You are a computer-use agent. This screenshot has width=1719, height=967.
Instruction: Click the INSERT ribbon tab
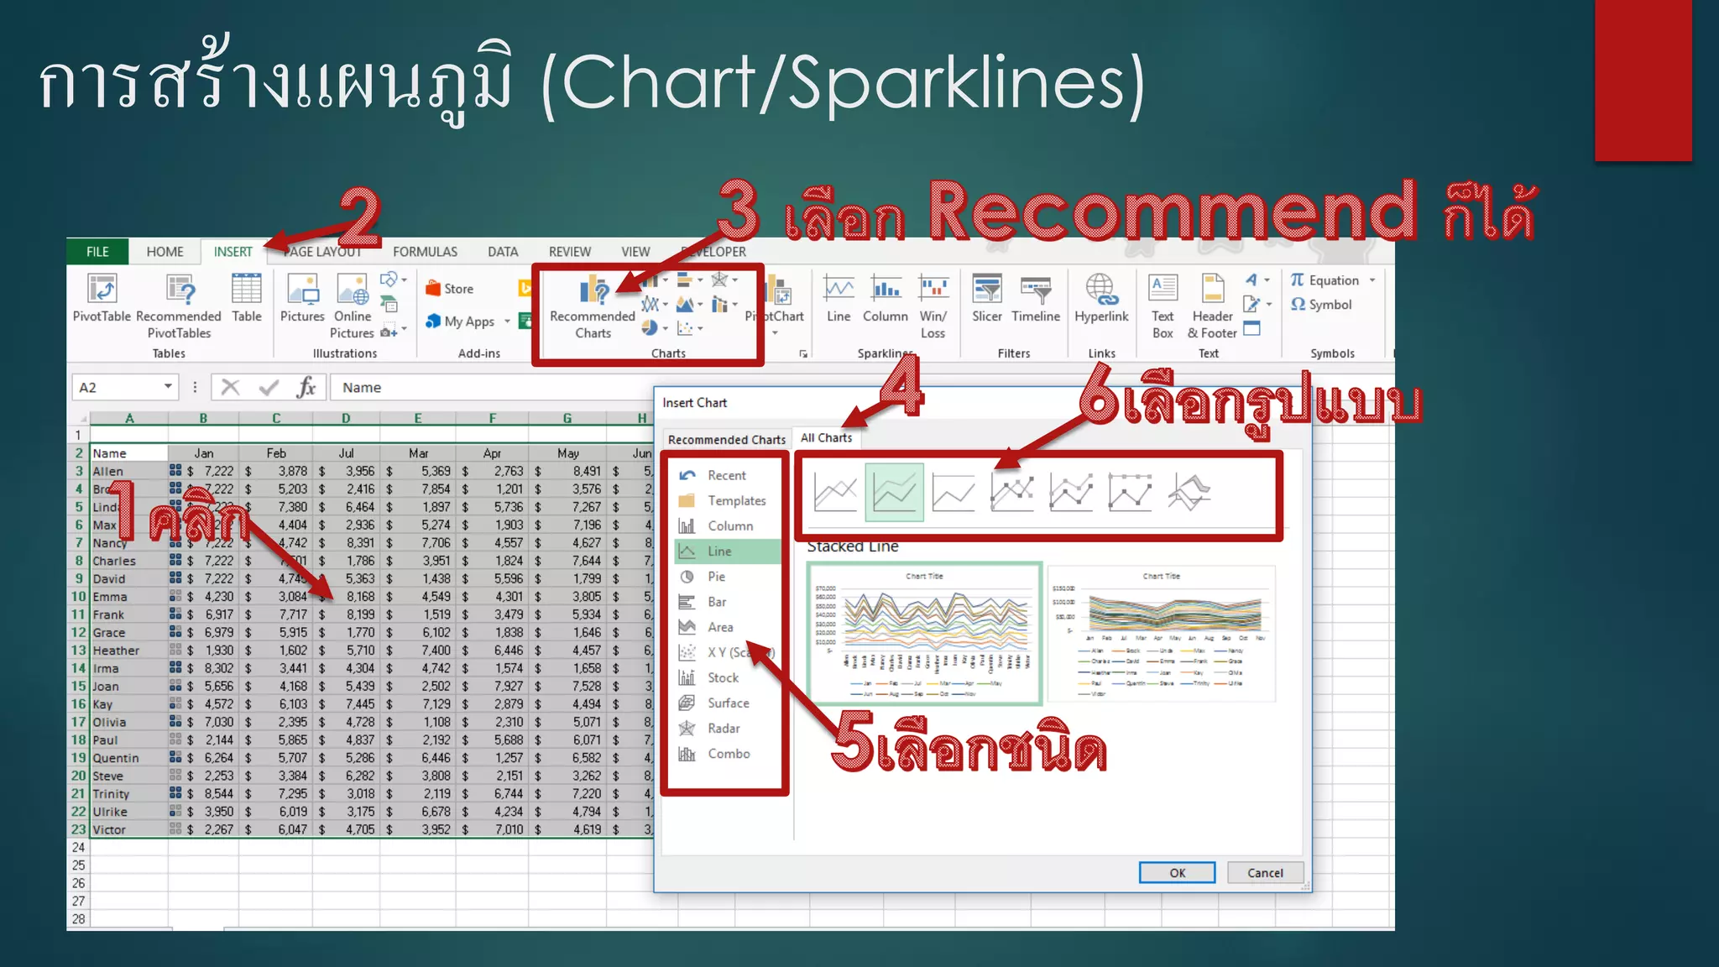click(x=233, y=252)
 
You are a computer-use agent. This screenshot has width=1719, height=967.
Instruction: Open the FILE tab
click(x=97, y=252)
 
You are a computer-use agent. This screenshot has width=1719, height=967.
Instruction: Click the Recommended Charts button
click(x=593, y=307)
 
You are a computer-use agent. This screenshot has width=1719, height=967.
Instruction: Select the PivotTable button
click(x=102, y=298)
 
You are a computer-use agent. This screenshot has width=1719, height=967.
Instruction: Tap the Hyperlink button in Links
click(x=1101, y=298)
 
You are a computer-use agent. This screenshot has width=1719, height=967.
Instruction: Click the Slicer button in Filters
click(x=987, y=298)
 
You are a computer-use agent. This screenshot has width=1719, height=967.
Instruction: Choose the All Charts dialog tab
click(x=826, y=438)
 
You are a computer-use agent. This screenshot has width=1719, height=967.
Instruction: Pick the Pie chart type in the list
click(x=716, y=577)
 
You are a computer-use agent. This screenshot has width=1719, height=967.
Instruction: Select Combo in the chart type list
click(x=728, y=754)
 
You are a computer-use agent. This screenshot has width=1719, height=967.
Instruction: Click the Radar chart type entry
click(x=723, y=729)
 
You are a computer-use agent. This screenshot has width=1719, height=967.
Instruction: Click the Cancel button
click(x=1265, y=873)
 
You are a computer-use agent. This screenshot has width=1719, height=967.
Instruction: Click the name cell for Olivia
click(x=110, y=722)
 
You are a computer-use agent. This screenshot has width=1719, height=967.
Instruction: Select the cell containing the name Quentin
click(x=116, y=758)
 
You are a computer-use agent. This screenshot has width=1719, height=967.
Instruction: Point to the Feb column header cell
click(x=276, y=453)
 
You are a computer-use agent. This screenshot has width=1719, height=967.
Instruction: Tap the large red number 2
click(x=359, y=216)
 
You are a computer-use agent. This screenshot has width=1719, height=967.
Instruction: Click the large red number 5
click(x=854, y=741)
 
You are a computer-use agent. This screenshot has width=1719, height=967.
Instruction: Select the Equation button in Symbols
click(x=1333, y=280)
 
